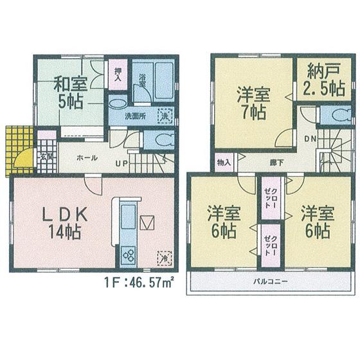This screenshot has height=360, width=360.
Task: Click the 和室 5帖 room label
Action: click(x=67, y=93)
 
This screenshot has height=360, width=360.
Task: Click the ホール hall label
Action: click(x=87, y=157)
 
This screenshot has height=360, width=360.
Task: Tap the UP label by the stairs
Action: click(x=121, y=163)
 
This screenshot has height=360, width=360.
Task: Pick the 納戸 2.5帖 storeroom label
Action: click(x=325, y=80)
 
